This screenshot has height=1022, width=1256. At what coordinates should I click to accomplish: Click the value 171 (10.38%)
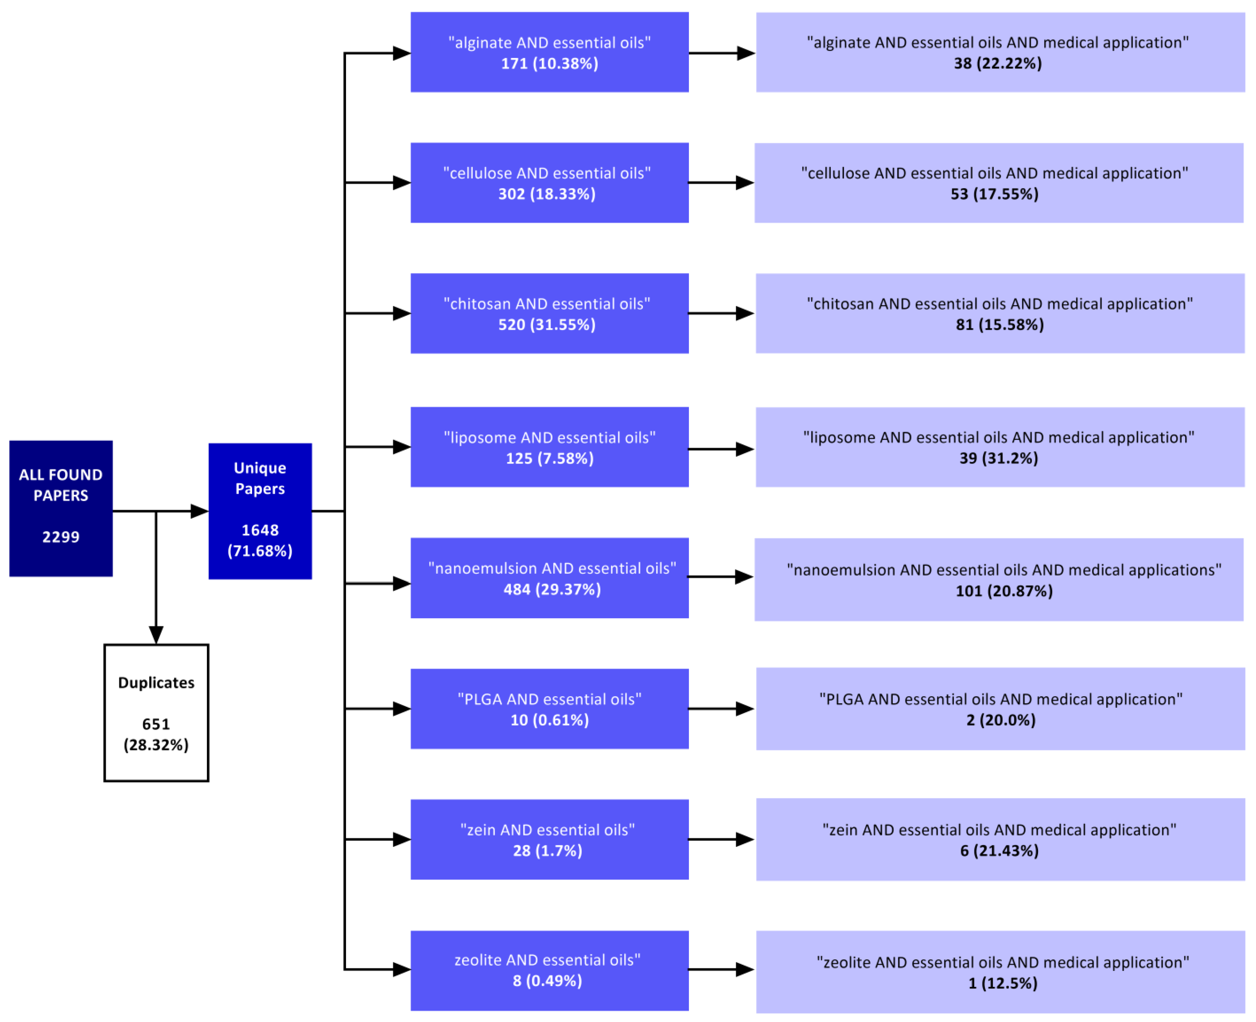click(549, 63)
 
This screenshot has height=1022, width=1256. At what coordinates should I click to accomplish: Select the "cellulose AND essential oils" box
click(549, 182)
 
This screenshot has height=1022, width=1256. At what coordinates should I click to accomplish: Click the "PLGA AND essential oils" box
click(549, 709)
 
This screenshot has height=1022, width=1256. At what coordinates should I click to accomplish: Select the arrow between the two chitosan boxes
click(721, 313)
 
